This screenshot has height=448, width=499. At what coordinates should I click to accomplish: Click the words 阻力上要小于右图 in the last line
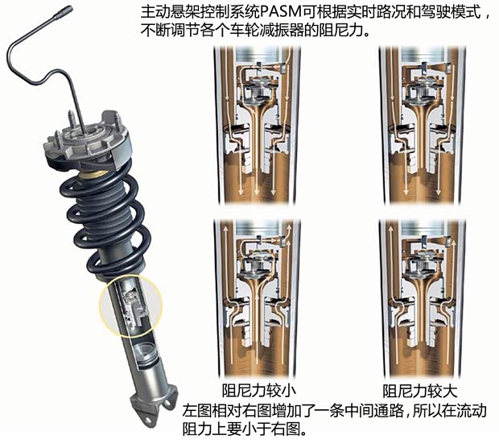coord(245,428)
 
